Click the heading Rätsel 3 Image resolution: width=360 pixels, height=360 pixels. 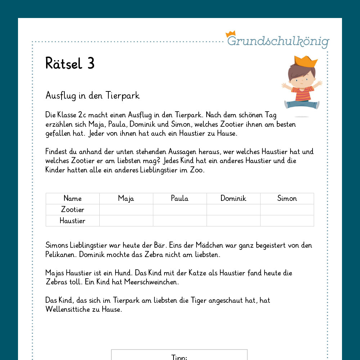pos(70,64)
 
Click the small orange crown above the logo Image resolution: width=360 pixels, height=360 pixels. pos(230,34)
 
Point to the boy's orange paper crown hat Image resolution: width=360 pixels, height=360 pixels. pos(306,62)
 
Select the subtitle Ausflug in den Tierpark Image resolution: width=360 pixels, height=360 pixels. pos(93,96)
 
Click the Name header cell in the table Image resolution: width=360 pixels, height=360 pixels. pos(72,198)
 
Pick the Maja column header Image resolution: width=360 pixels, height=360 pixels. pos(126,198)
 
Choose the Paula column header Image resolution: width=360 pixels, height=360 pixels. pos(180,198)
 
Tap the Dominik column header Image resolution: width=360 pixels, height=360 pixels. pos(233,198)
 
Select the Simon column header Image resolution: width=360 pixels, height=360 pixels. pos(287,198)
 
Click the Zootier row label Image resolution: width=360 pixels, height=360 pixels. pos(72,210)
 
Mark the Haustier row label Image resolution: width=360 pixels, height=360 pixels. pos(72,221)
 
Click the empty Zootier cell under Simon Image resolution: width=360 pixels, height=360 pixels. pos(287,210)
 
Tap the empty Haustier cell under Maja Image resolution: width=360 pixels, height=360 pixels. pos(126,221)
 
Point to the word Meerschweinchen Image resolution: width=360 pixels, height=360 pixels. pos(151,282)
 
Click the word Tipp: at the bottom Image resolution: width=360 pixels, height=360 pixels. pos(179,357)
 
